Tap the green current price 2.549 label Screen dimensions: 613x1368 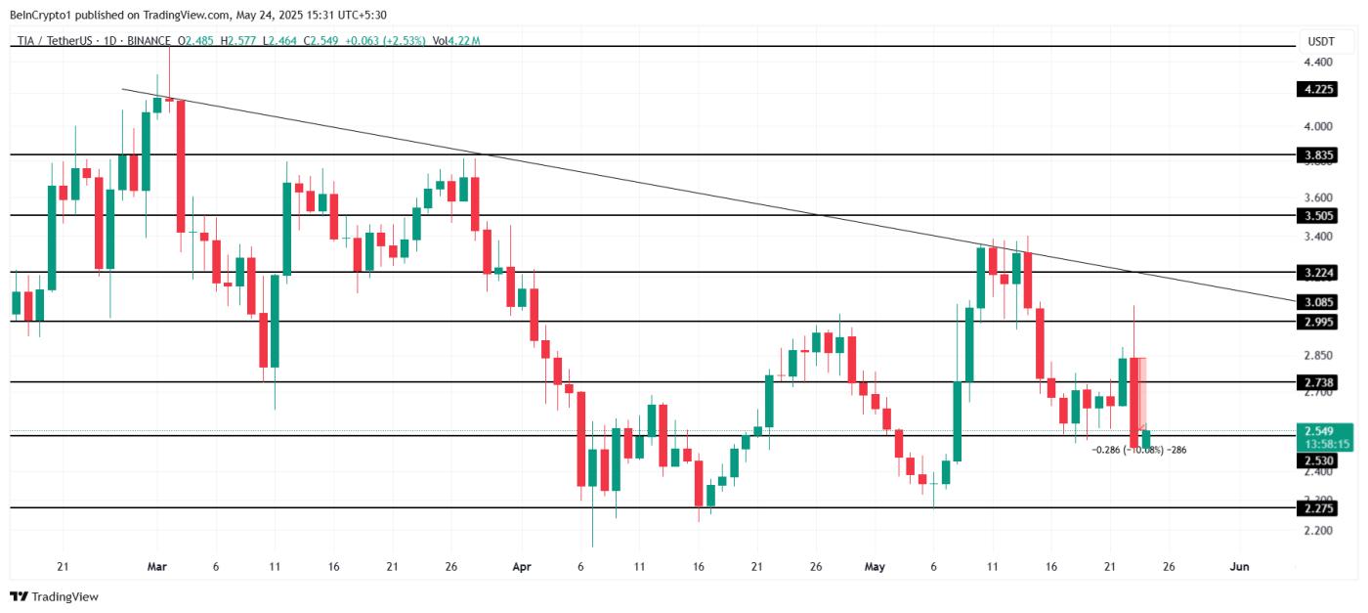[x=1323, y=430]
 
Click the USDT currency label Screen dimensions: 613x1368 [x=1320, y=42]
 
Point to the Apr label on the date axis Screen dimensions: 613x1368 [x=521, y=566]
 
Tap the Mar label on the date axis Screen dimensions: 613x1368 [x=156, y=566]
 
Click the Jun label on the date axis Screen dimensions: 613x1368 [x=1239, y=566]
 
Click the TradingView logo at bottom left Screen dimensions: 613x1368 [x=55, y=596]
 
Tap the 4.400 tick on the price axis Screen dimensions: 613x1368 [x=1317, y=63]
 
